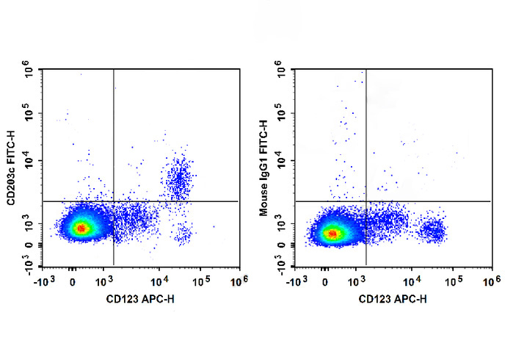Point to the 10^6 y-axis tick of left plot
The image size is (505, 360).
coord(28,71)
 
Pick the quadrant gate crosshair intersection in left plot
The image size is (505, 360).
coord(114,201)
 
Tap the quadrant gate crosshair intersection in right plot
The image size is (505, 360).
coord(366,201)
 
